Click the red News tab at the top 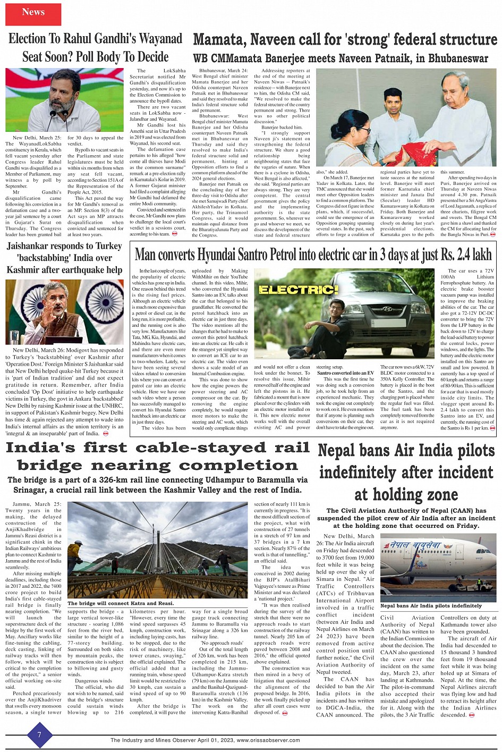point(33,12)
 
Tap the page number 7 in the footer point(39,734)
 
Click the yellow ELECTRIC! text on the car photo point(298,290)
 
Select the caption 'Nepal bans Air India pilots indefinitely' point(431,605)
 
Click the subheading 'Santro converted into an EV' point(345,373)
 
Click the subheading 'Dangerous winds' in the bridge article point(93,680)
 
